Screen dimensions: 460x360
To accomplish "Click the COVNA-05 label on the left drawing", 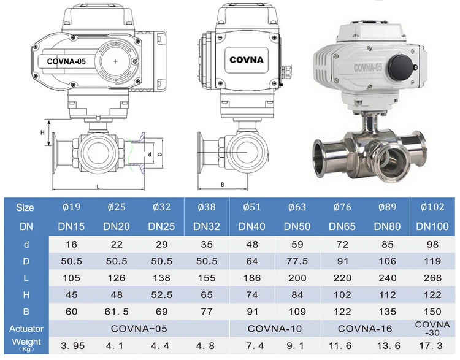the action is point(66,61).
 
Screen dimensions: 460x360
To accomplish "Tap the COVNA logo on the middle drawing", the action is point(247,60).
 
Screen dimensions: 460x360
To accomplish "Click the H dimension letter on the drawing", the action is point(42,132).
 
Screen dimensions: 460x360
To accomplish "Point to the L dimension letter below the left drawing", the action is point(98,186).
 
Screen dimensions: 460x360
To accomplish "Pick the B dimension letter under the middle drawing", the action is point(223,185).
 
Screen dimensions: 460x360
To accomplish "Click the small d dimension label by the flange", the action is point(150,155).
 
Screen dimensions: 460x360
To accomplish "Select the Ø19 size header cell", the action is point(71,207).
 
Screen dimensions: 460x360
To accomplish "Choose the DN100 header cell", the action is point(432,226).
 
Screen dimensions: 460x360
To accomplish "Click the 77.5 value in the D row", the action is point(297,261).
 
